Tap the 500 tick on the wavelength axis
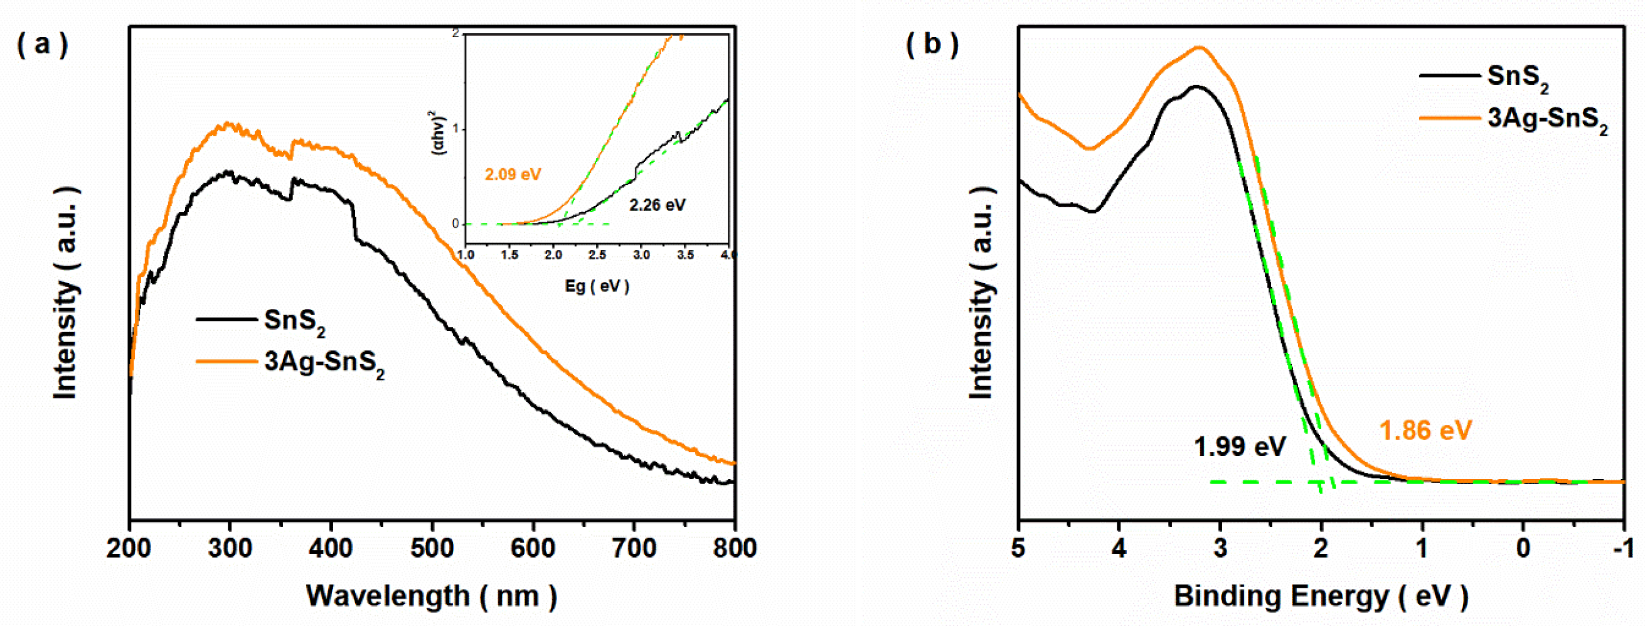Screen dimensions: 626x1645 tap(432, 548)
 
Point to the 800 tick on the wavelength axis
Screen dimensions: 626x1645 tap(735, 548)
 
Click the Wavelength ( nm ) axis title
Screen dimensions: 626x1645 tap(432, 596)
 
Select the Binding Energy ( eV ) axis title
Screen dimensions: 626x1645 tap(1321, 596)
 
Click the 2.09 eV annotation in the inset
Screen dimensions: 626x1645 tap(513, 175)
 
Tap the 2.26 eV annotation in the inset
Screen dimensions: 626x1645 tap(657, 205)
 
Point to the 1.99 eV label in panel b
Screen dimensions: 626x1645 tap(1240, 446)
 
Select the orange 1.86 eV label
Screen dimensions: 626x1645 tap(1425, 431)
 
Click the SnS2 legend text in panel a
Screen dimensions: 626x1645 tap(294, 321)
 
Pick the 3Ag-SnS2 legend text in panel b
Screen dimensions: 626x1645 tap(1547, 119)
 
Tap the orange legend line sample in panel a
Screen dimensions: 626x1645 tap(226, 362)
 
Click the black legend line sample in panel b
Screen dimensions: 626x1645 tap(1450, 76)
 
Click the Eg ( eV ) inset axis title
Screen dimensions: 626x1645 tap(597, 286)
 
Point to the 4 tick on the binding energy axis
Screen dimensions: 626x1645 tap(1119, 548)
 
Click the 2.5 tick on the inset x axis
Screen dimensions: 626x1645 tap(597, 255)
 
